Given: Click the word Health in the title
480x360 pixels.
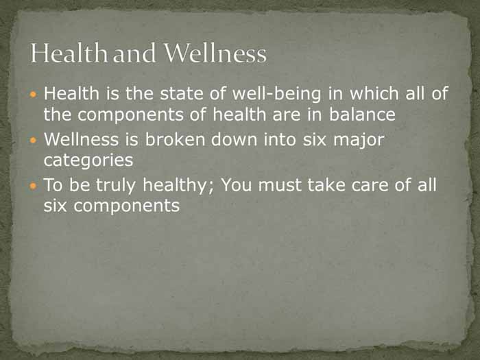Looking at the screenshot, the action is (x=69, y=53).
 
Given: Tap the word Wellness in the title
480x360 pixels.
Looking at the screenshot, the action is (x=216, y=53).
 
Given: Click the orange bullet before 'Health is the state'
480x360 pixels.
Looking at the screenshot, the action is (x=34, y=94).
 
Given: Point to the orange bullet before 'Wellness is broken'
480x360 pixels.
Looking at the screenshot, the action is (x=34, y=140).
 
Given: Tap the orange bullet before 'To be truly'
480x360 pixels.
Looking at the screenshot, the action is (x=34, y=186).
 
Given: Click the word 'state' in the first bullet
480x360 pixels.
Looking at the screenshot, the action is (x=182, y=93).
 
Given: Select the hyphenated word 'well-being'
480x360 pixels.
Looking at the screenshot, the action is (x=277, y=94).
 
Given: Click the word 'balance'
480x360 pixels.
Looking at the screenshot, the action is (x=362, y=115).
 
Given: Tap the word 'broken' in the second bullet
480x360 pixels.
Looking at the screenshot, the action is (x=175, y=139).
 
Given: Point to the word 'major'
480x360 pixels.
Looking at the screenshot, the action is (x=359, y=141).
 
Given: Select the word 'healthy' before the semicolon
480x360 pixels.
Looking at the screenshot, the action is (x=175, y=186).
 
